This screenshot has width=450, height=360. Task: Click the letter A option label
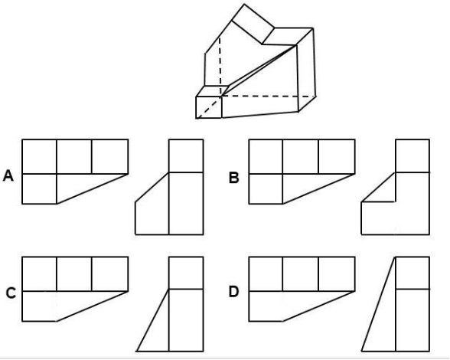pos(8,176)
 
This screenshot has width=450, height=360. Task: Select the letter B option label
pos(233,178)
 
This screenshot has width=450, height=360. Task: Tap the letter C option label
pos(11,293)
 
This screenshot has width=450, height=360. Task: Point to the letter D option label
pos(233,292)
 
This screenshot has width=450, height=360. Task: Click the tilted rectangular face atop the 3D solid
pos(253,25)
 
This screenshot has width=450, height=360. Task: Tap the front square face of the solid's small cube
pos(209,107)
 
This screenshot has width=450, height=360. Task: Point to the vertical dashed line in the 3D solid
pos(220,66)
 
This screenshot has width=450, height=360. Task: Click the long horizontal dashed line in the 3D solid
pos(269,96)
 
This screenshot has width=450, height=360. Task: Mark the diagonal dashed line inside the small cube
pos(208,107)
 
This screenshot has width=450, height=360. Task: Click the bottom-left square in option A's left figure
pos(39,188)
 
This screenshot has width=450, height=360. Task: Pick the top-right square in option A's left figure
pos(110,156)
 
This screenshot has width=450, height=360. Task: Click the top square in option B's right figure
pos(412,156)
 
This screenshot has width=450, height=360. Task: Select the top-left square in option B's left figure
pos(266,156)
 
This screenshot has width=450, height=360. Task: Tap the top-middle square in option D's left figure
pos(301,274)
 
